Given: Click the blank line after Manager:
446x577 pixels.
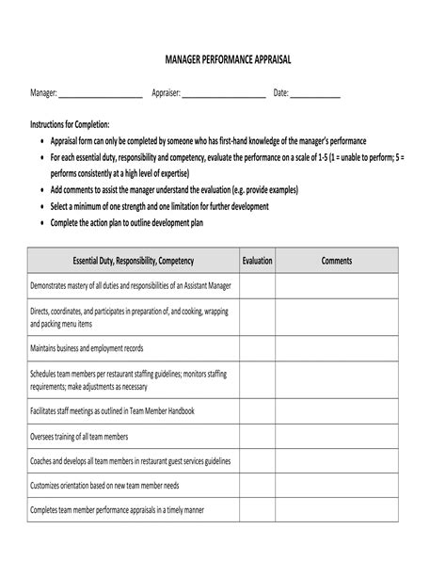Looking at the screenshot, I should point(100,93).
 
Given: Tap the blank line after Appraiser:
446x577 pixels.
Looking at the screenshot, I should point(223,93).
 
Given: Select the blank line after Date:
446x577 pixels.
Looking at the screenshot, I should point(315,93).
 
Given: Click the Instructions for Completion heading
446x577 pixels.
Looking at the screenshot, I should point(70,124).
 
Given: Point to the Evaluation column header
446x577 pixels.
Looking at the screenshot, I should point(257,261).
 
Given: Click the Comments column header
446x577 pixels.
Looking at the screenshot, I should point(336,261).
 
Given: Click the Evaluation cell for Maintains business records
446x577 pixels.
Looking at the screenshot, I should point(257,349).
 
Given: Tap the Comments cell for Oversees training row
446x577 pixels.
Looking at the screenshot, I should point(336,437).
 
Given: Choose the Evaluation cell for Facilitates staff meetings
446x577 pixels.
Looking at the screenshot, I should point(257,411).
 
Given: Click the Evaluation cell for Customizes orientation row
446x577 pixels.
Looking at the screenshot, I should point(257,486).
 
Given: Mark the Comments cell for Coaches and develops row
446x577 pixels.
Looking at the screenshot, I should point(336,461).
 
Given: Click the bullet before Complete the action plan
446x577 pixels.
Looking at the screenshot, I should point(41,224).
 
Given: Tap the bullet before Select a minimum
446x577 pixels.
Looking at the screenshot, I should point(41,207).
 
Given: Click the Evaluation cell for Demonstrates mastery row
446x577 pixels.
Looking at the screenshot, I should point(257,286).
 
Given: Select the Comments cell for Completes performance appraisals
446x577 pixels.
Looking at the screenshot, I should point(336,510).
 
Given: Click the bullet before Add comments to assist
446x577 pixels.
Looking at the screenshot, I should point(41,190).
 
